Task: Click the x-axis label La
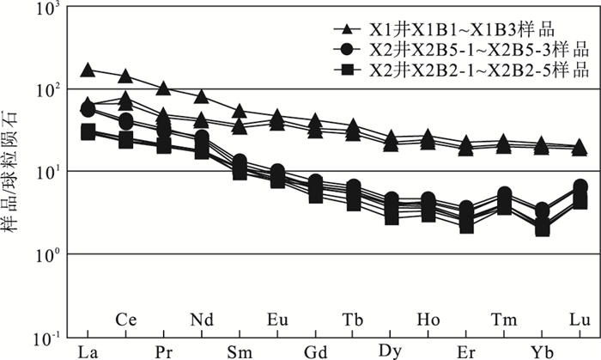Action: pos(87,350)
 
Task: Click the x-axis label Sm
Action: pos(239,350)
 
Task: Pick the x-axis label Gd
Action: pos(314,350)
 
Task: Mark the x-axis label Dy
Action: pos(391,350)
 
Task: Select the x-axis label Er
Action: pos(466,350)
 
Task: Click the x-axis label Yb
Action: pos(542,350)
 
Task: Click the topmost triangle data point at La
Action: pos(87,70)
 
